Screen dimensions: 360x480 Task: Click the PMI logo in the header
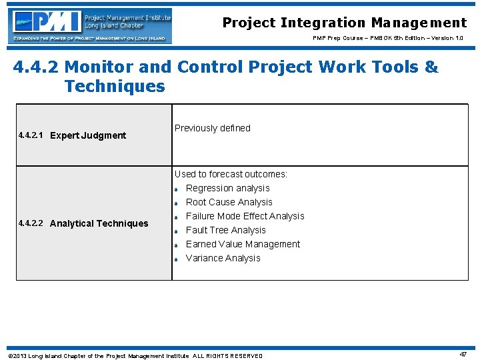tap(92, 26)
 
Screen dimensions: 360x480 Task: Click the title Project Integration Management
tap(344, 23)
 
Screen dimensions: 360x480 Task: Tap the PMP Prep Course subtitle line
tap(387, 39)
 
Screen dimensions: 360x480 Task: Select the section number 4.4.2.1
tap(31, 135)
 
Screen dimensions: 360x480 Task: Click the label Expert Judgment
tap(88, 135)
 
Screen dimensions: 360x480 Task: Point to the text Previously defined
tap(212, 128)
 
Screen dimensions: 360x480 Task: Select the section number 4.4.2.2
tap(31, 223)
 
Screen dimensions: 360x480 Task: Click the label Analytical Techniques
tap(99, 223)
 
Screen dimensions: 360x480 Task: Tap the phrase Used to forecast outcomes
tap(231, 174)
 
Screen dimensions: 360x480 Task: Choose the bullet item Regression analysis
tap(227, 188)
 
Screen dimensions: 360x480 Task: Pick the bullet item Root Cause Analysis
tap(229, 202)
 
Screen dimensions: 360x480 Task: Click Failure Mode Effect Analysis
tap(245, 216)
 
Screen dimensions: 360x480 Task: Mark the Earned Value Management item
tap(243, 244)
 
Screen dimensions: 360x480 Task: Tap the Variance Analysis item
tap(223, 258)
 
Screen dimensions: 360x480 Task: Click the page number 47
tap(463, 355)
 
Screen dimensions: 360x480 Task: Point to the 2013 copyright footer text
tap(134, 356)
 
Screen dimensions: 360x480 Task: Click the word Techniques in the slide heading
tap(114, 86)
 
